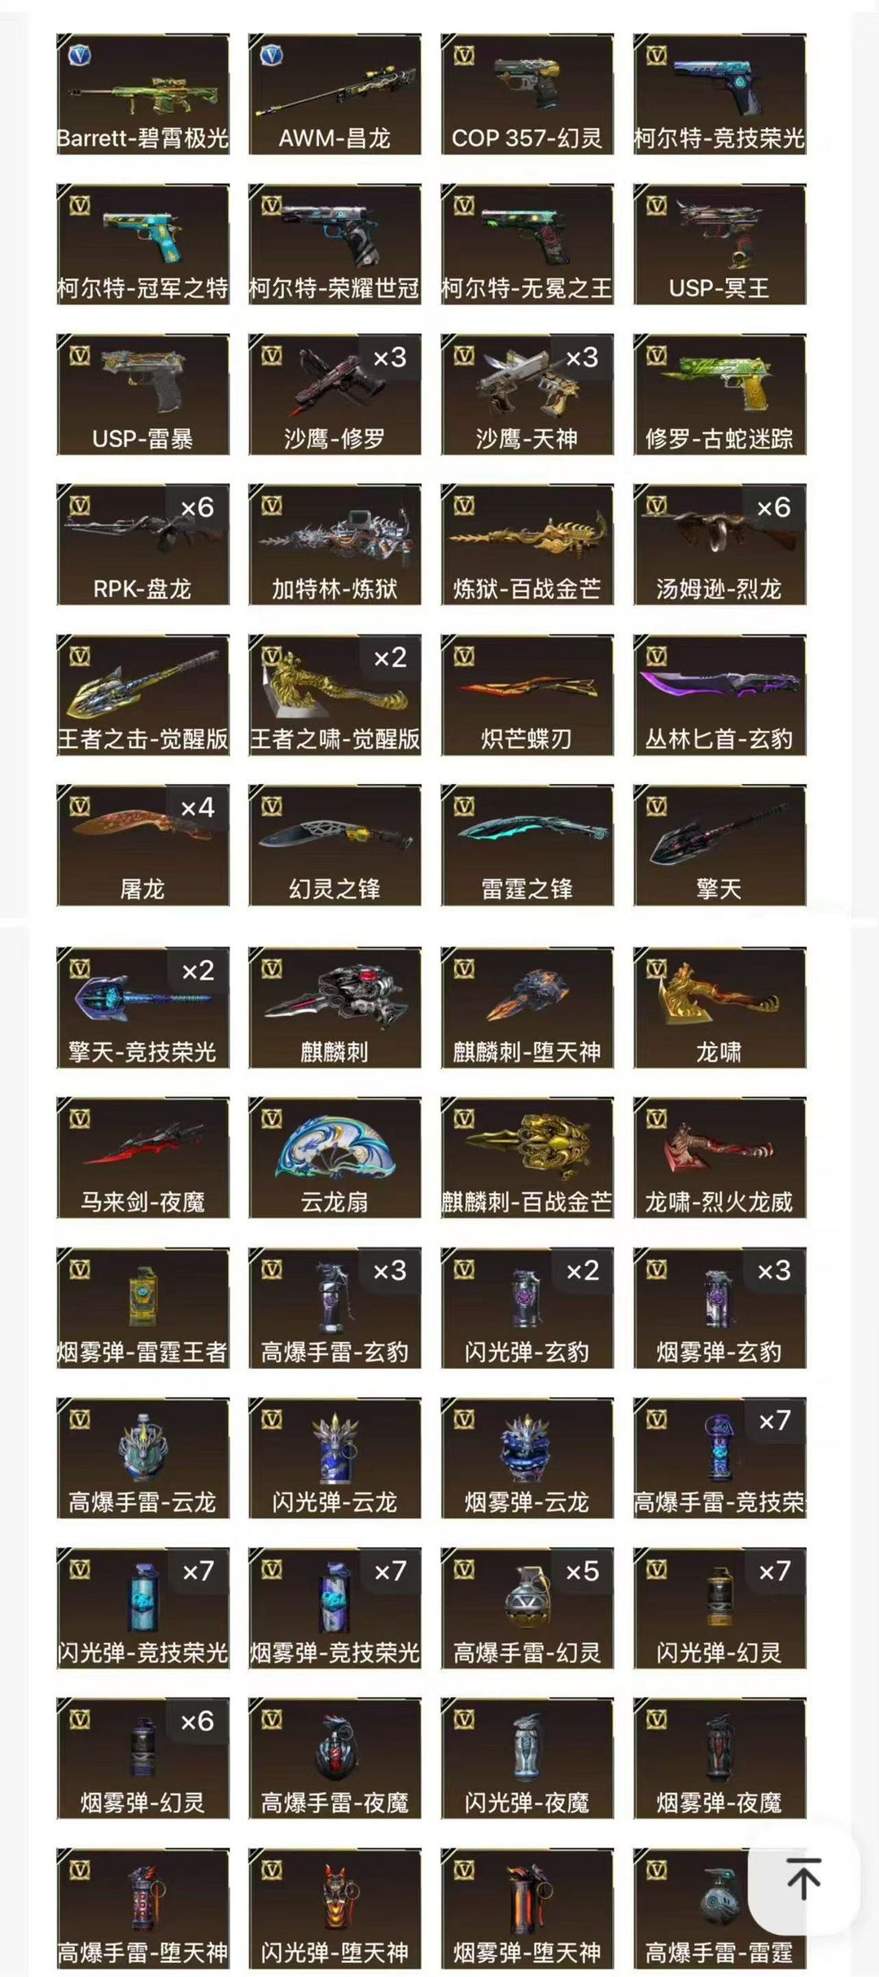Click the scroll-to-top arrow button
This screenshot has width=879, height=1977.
tap(803, 1878)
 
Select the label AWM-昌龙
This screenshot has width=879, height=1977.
tap(335, 138)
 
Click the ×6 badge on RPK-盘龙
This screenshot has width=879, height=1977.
tap(197, 507)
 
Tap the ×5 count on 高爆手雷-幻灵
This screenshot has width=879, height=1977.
tap(582, 1571)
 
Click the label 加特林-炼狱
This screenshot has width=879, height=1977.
tap(335, 589)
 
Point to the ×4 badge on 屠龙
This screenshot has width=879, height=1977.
tap(197, 808)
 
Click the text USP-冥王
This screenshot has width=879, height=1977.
tap(719, 288)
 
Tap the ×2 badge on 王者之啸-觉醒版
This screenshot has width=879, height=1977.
tap(390, 657)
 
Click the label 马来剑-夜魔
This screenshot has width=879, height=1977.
tap(142, 1202)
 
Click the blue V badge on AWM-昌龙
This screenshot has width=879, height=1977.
tap(271, 55)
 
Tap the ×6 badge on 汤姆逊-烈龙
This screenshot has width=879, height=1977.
tap(773, 507)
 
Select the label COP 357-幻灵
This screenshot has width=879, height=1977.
tap(527, 138)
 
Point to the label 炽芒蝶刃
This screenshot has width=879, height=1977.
tap(527, 739)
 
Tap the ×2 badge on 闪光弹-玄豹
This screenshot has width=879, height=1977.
tap(582, 1270)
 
